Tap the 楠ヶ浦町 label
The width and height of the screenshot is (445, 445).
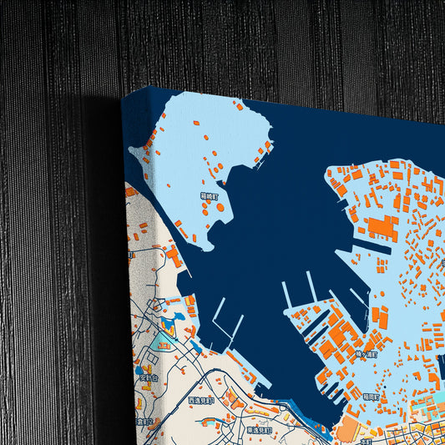365,354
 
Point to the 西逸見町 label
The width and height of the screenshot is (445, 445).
200,400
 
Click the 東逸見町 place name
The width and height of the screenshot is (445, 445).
259,429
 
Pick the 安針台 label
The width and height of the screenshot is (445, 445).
149,377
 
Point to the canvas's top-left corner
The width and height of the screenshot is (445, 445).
123,94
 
